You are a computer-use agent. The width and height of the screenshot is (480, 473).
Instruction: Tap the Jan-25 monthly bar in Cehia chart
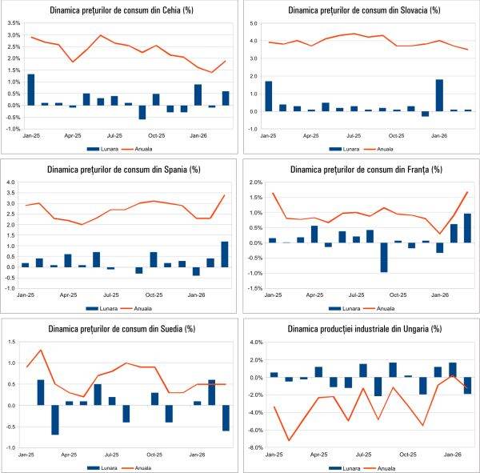(31, 90)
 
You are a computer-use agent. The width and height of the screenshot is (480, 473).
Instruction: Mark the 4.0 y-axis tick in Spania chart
(11, 182)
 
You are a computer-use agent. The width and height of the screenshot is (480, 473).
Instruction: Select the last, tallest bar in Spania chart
(224, 254)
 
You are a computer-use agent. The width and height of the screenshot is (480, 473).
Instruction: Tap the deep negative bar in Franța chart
(383, 257)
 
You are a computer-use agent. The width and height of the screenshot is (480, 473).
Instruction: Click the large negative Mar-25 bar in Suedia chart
(55, 419)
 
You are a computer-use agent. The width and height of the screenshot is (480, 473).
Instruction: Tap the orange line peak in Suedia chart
(41, 350)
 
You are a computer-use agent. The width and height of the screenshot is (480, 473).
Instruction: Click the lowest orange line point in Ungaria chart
(288, 440)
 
